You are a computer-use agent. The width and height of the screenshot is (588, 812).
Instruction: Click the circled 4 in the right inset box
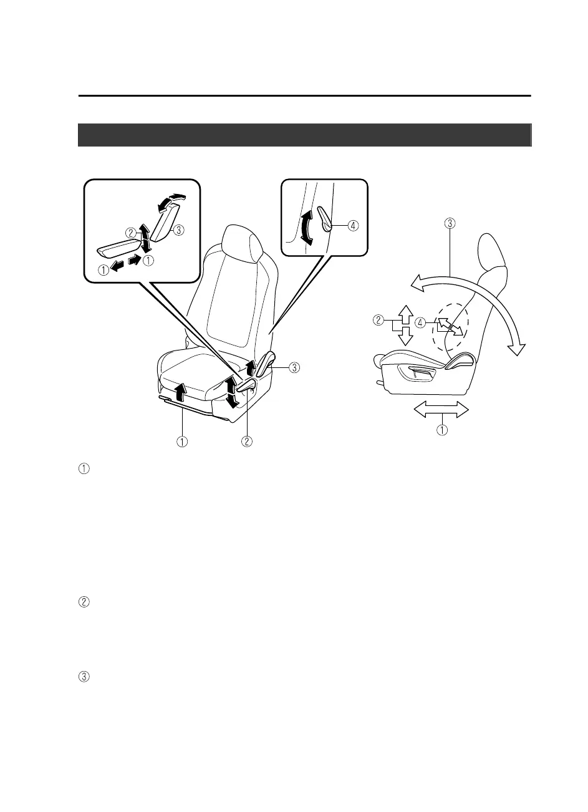click(x=354, y=226)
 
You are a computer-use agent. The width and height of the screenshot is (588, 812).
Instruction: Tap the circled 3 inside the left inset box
click(x=178, y=230)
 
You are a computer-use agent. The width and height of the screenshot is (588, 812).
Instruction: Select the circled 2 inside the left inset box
click(x=130, y=233)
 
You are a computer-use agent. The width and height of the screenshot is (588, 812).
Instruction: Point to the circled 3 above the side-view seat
click(x=450, y=221)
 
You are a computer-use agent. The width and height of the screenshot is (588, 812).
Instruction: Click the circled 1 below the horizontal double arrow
click(x=441, y=430)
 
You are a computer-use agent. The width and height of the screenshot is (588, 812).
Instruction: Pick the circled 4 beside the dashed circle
click(x=421, y=323)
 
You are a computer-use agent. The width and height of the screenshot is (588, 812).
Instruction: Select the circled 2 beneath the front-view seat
click(x=247, y=442)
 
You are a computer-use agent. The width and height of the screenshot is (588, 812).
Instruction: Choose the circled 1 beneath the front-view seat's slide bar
click(x=182, y=442)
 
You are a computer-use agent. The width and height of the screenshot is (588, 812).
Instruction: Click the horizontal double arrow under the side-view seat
click(x=441, y=410)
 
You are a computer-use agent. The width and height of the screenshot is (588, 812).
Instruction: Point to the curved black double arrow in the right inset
click(x=306, y=233)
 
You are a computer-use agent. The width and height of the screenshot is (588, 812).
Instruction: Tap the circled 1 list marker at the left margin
click(x=85, y=468)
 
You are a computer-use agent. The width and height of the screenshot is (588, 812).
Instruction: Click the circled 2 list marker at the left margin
click(x=85, y=602)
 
